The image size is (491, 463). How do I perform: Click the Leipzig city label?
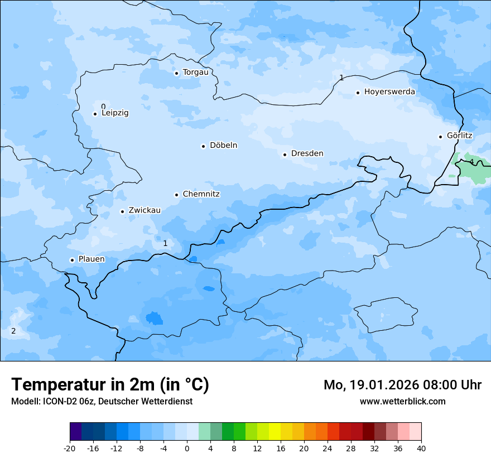(115, 113)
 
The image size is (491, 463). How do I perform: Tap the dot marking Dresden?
(285, 155)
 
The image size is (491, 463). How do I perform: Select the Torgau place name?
(195, 73)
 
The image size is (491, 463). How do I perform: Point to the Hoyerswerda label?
(389, 92)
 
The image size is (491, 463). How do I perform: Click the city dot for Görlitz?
(440, 137)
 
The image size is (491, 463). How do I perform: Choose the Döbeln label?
(223, 146)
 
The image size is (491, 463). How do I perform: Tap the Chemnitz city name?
(201, 195)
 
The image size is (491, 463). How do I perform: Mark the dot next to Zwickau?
(122, 211)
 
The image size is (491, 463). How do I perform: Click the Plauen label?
(91, 259)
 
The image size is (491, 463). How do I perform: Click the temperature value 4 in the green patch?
(471, 162)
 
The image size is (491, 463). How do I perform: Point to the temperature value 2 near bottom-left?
(13, 331)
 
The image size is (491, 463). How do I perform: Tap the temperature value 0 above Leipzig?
(103, 107)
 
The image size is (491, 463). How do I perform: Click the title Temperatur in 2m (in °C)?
(110, 384)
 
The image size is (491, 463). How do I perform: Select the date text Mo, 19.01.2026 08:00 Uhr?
(402, 385)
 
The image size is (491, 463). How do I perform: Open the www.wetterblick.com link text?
(402, 401)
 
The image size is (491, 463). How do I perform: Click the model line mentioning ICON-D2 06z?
(102, 401)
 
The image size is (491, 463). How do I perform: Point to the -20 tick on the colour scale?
(70, 448)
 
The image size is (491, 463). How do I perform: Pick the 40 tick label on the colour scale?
(421, 448)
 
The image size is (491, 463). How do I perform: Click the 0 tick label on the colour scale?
(187, 448)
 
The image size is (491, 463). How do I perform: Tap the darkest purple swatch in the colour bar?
(75, 432)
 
